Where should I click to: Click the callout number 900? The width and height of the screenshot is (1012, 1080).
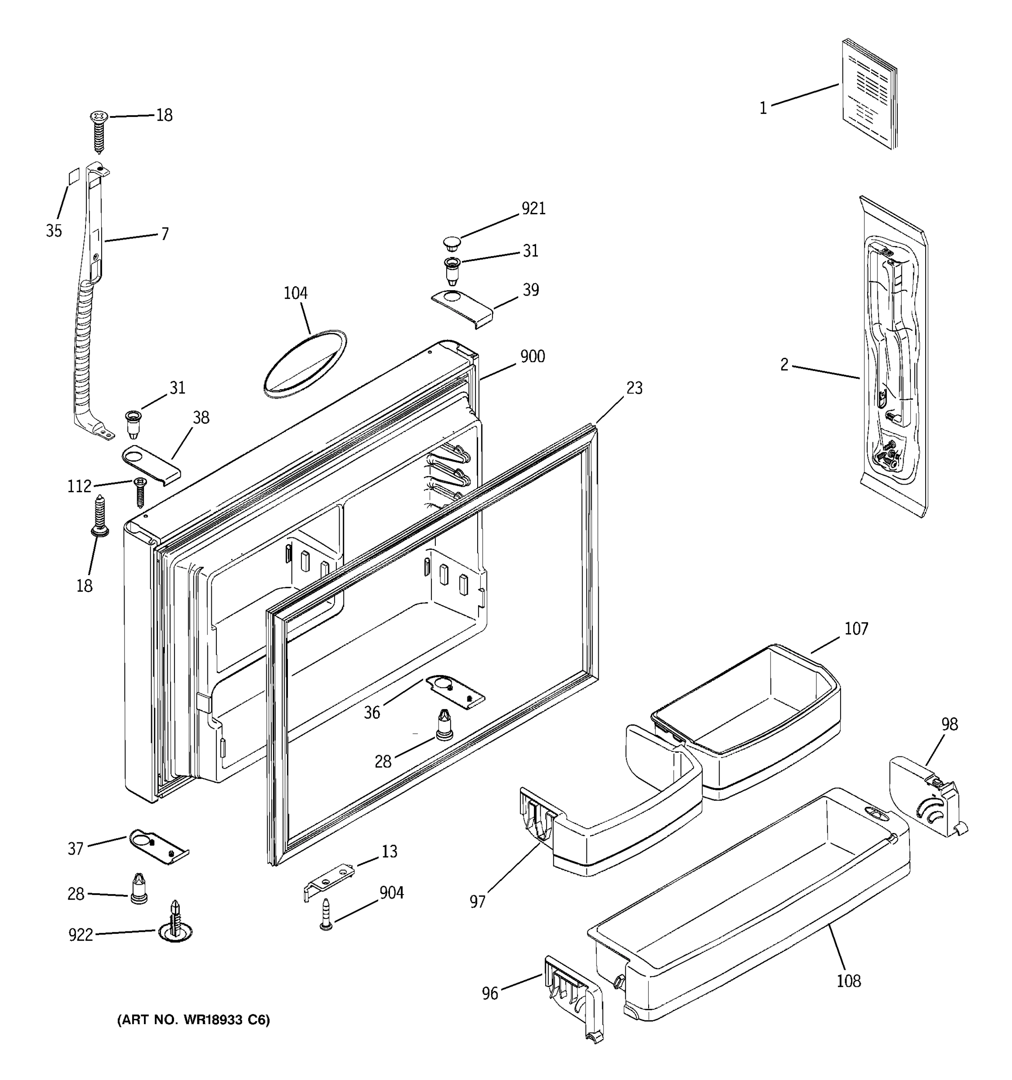point(532,356)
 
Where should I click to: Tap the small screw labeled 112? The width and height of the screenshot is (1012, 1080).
point(140,491)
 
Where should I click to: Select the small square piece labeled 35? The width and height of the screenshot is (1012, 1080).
point(73,176)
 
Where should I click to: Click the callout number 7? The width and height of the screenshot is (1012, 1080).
point(165,234)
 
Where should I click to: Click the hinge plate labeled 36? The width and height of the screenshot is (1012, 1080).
point(455,692)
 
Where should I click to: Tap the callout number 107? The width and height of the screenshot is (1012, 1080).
point(856,629)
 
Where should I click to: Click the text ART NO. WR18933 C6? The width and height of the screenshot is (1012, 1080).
point(193,1020)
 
